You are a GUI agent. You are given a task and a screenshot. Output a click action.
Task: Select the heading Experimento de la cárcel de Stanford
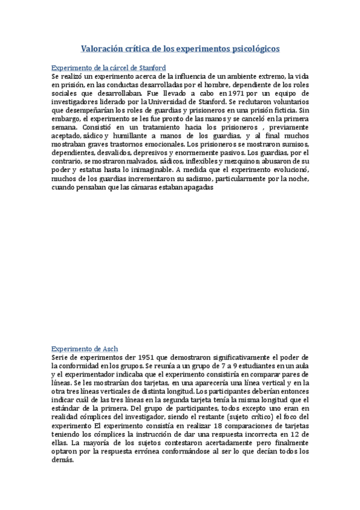pyautogui.click(x=109, y=68)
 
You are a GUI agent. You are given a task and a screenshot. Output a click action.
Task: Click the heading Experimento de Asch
pyautogui.click(x=85, y=348)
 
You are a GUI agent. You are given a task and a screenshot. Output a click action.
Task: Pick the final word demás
pyautogui.click(x=63, y=458)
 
